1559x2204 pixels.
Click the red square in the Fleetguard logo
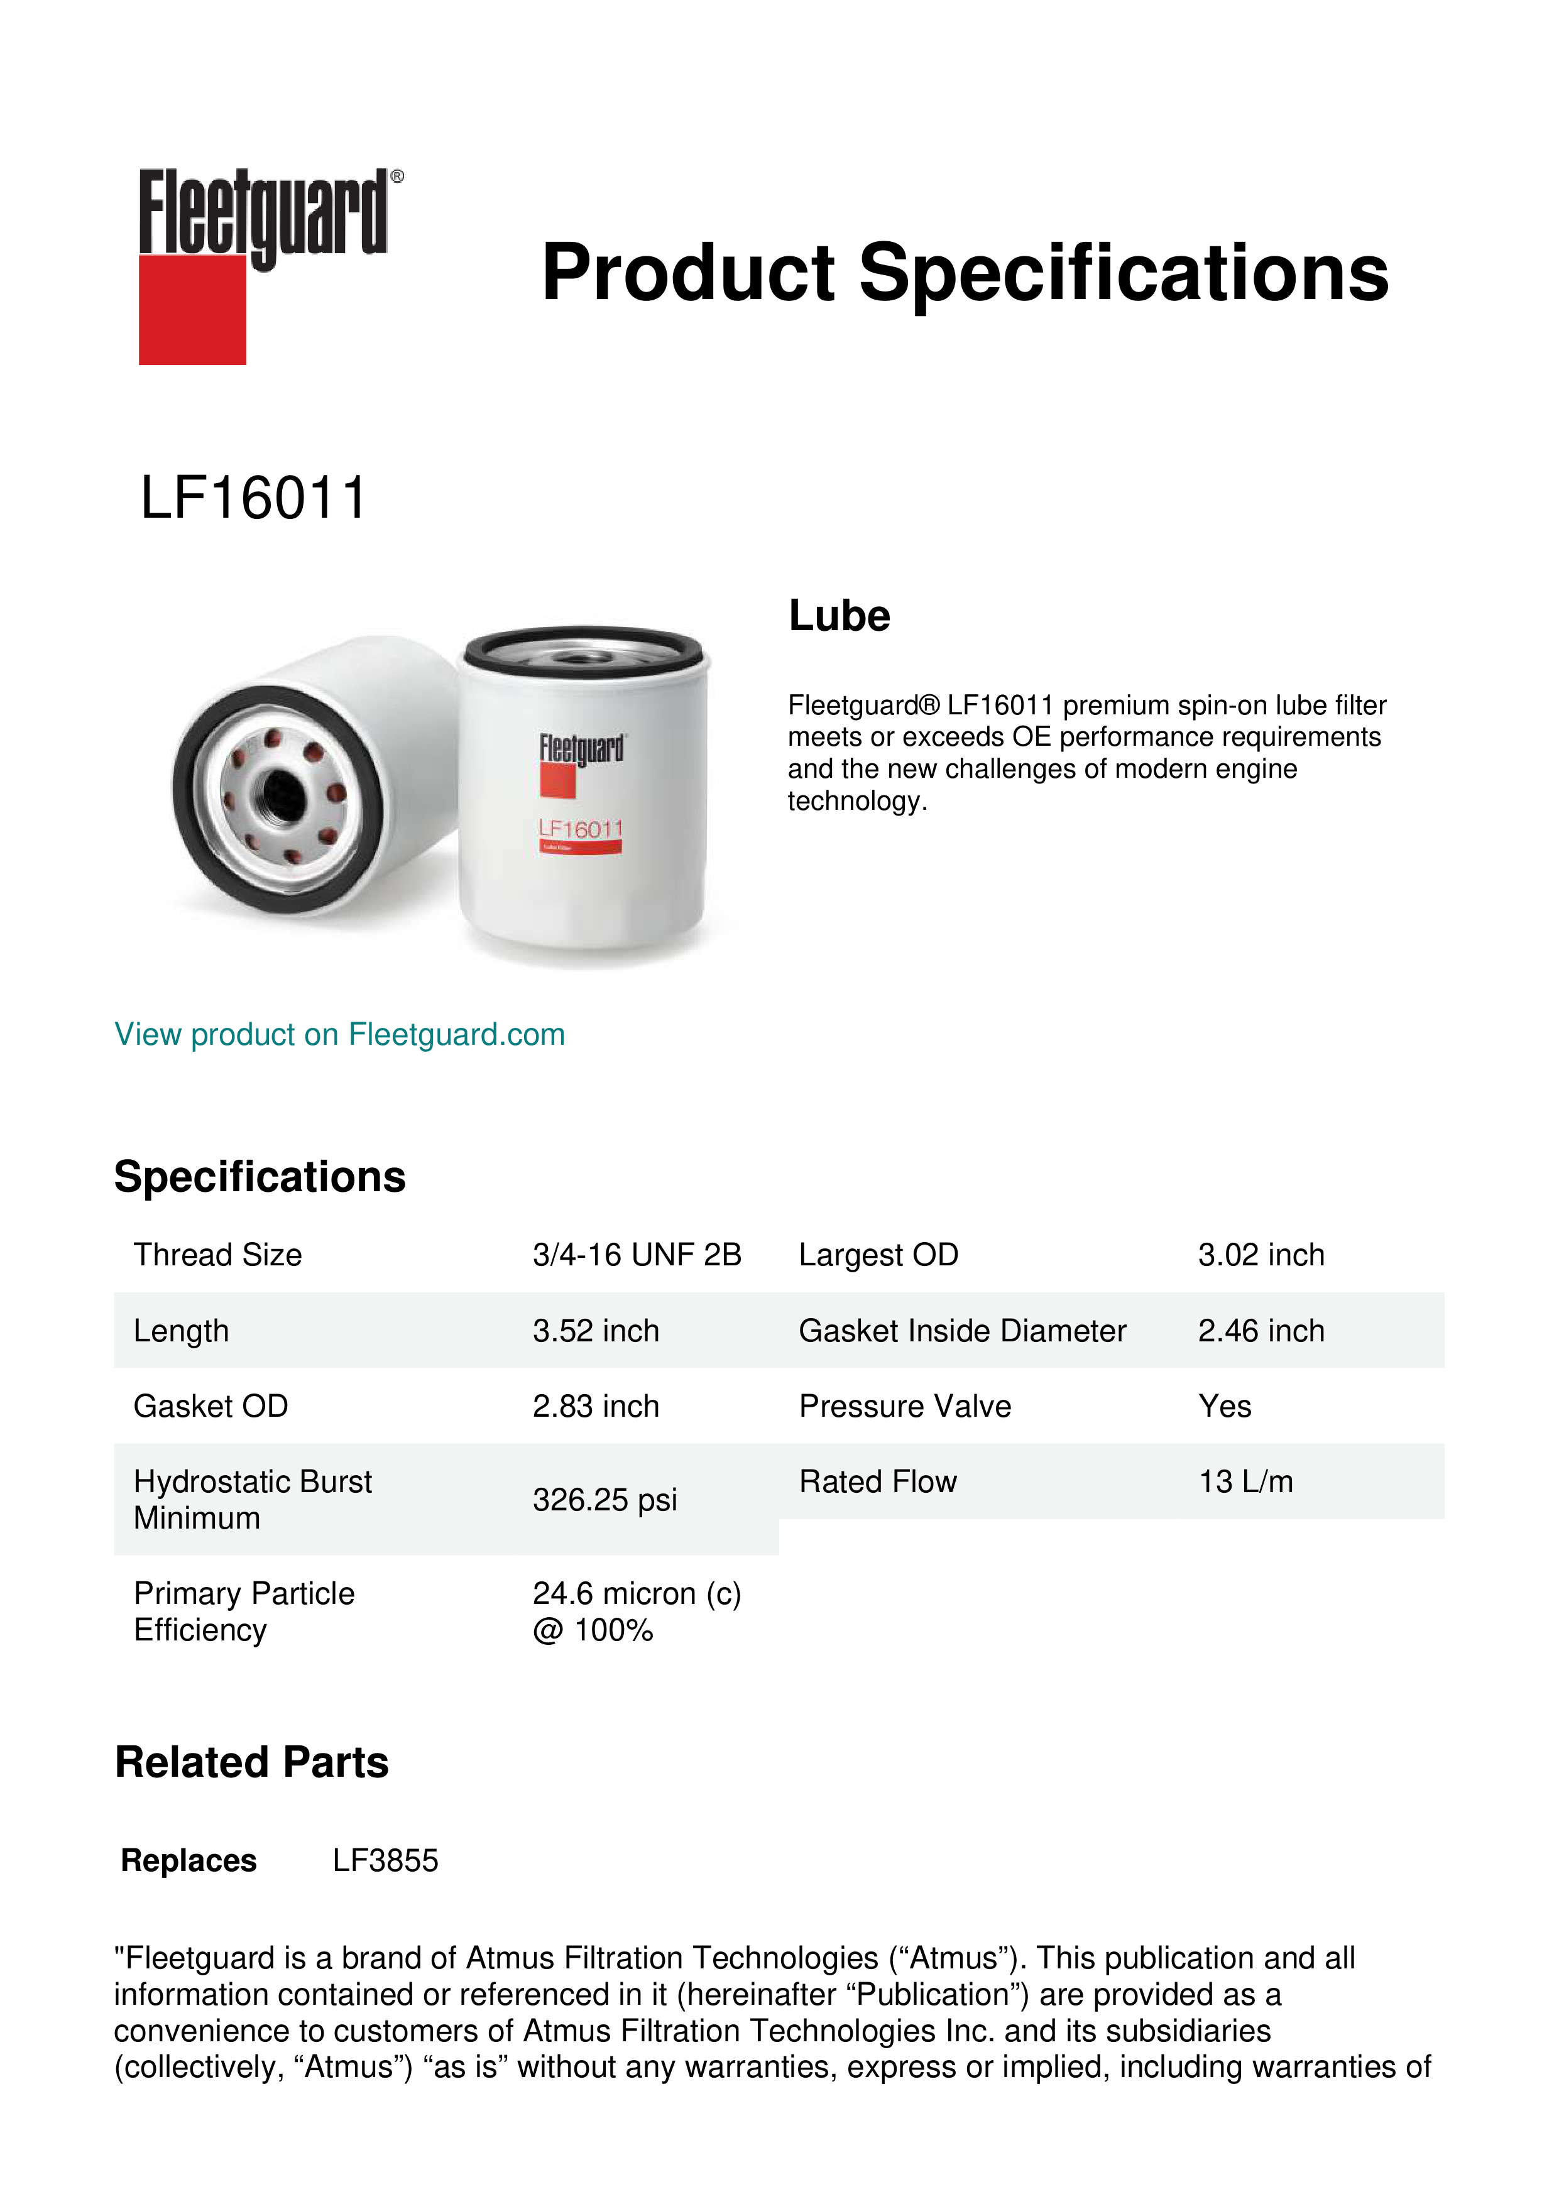(x=192, y=309)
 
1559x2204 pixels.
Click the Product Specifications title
(x=965, y=273)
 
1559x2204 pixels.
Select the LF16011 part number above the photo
(x=253, y=498)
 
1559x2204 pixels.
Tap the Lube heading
(x=839, y=616)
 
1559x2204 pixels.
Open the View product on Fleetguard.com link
(x=340, y=1035)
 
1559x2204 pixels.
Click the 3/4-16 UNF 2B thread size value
(x=637, y=1255)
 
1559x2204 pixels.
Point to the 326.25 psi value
(x=604, y=1500)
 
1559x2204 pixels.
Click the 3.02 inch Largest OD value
(x=1261, y=1255)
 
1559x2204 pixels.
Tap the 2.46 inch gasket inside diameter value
(x=1261, y=1331)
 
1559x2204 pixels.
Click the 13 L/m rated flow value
(x=1245, y=1482)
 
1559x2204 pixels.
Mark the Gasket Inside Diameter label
(x=962, y=1331)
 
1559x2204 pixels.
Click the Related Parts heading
(x=251, y=1762)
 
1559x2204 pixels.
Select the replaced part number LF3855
(x=385, y=1860)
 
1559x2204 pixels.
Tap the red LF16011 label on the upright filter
(x=581, y=829)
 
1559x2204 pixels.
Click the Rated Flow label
(x=877, y=1482)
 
